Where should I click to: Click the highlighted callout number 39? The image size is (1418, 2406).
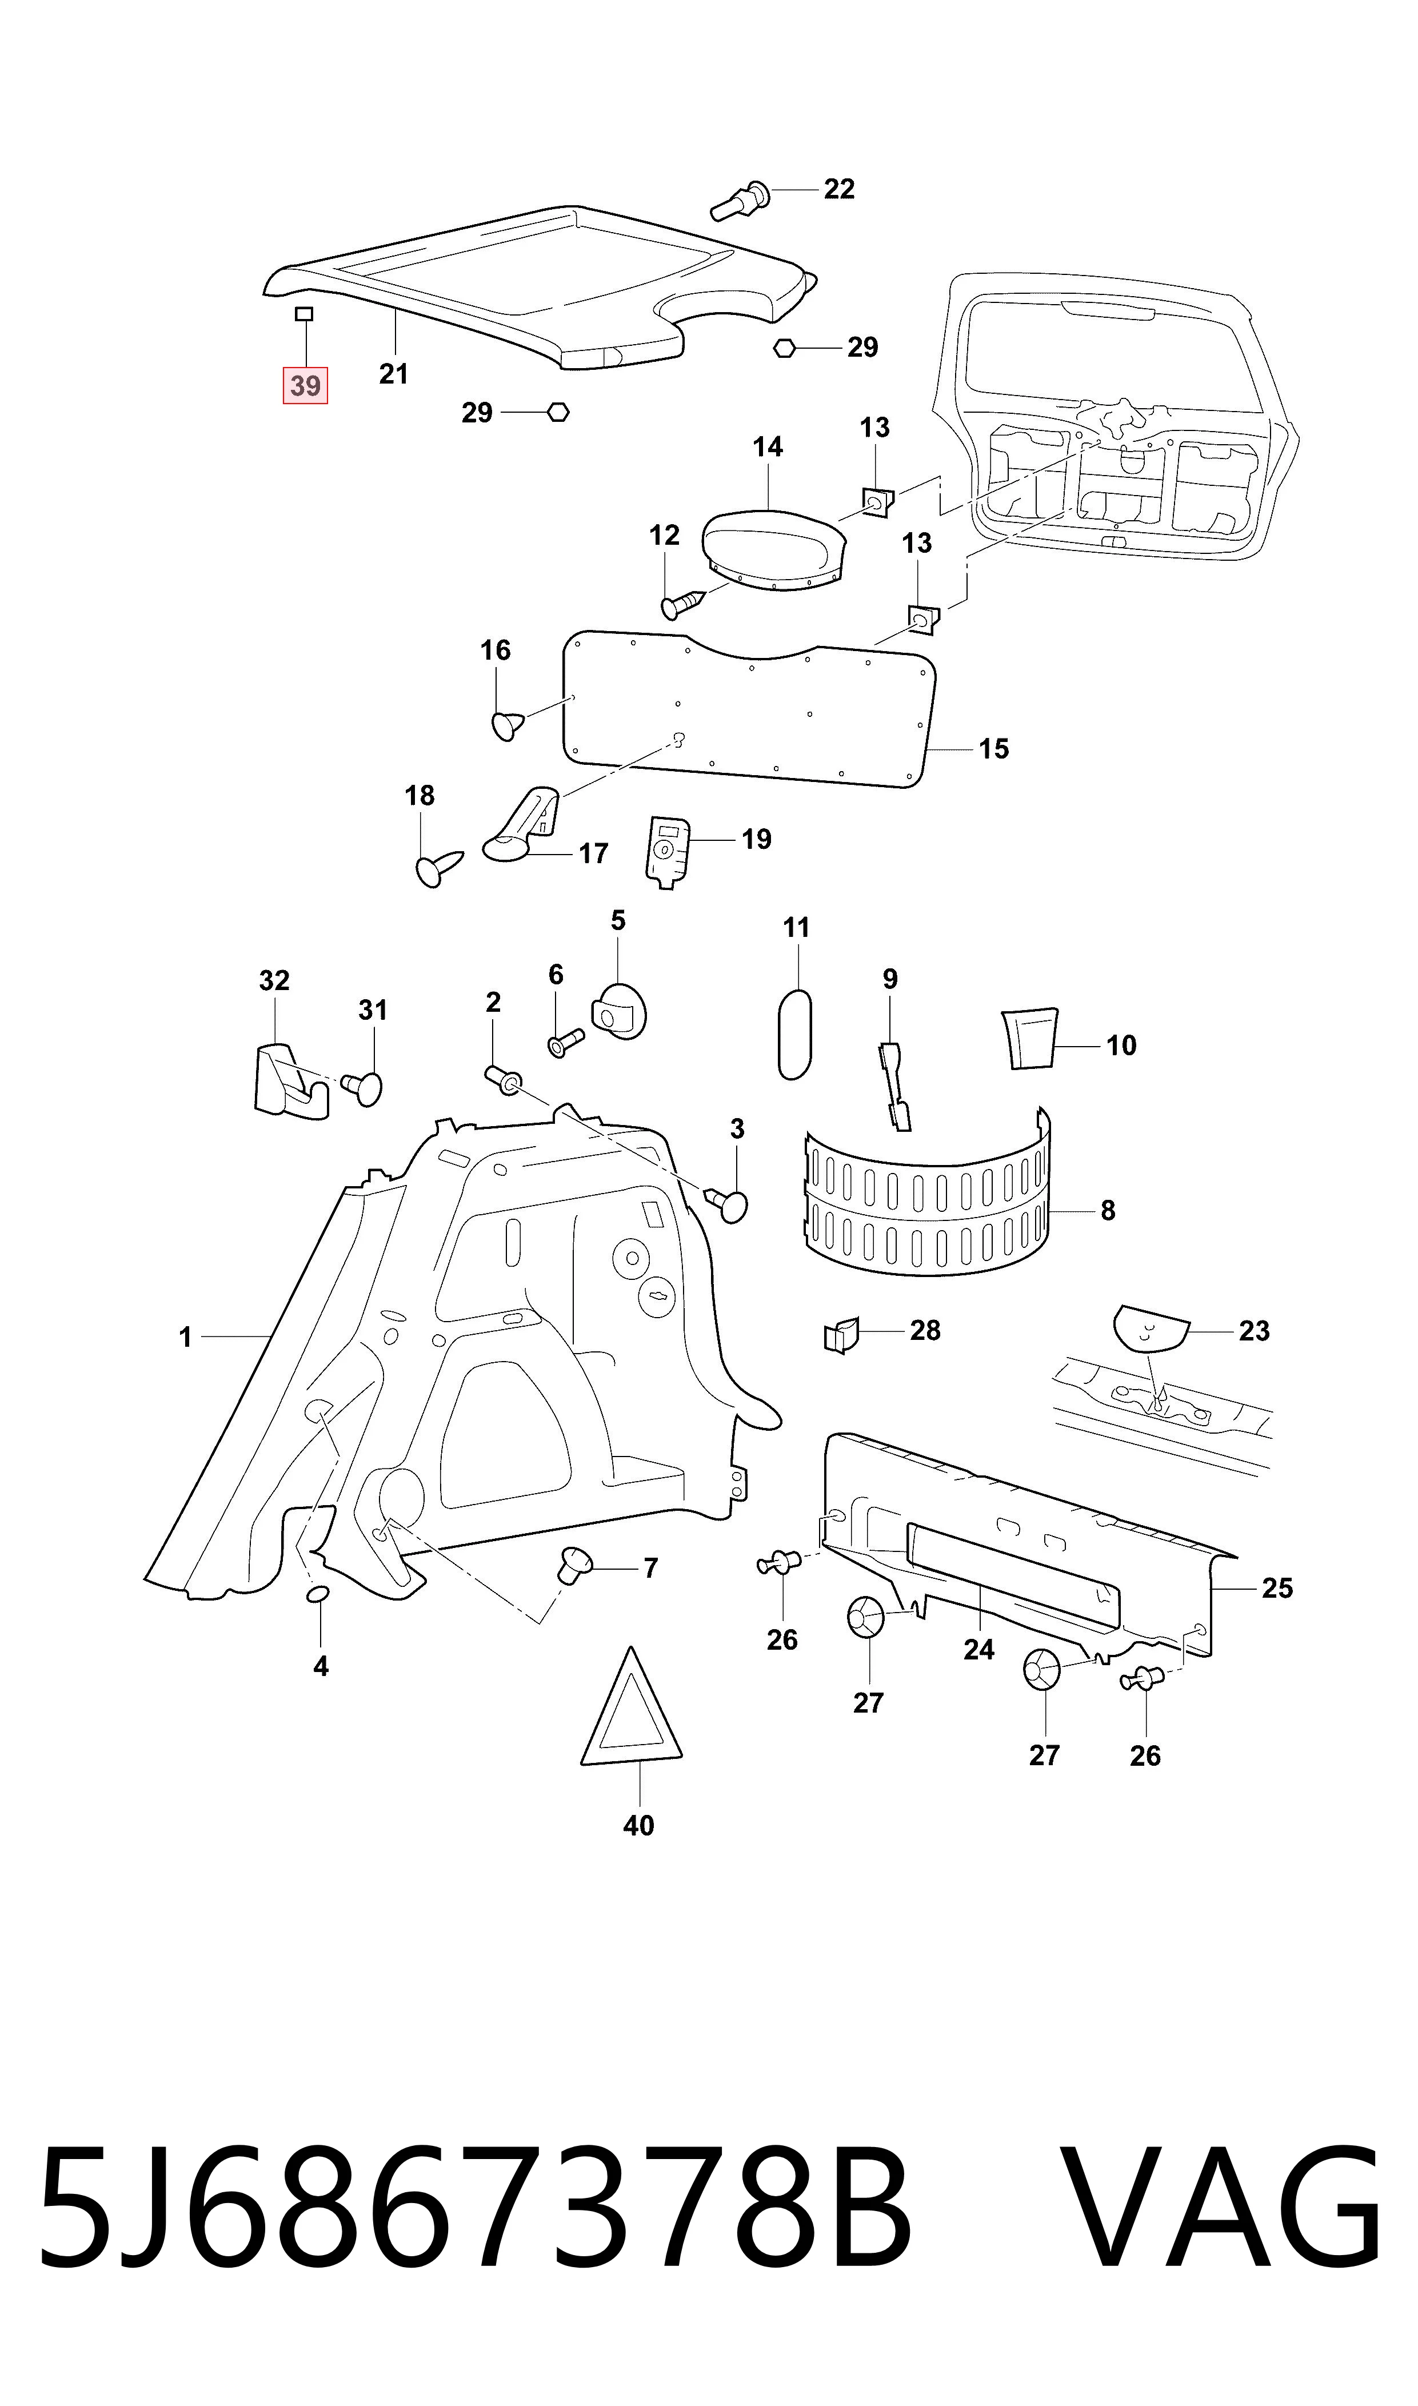tap(305, 386)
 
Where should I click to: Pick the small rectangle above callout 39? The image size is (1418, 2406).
tap(304, 313)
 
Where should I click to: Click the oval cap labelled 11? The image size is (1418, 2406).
tap(795, 1035)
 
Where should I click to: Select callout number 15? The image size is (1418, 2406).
tap(994, 749)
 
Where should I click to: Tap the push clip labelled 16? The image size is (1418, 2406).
tap(508, 725)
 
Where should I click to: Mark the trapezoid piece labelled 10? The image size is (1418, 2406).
tap(1029, 1038)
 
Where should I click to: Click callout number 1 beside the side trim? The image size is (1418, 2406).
tap(185, 1338)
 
